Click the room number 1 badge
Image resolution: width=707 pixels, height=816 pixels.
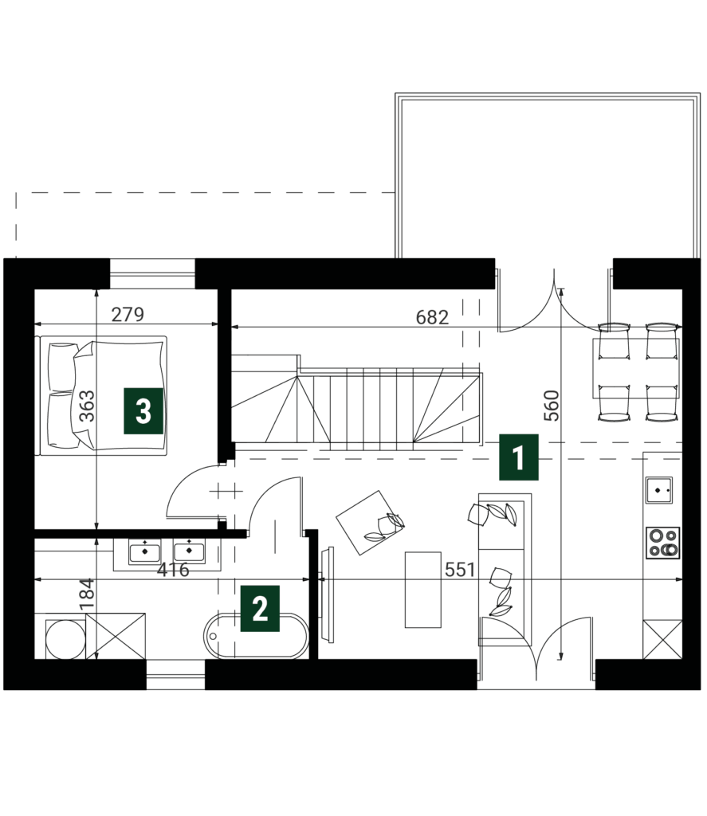point(519,457)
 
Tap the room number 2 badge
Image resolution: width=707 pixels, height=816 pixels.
point(260,608)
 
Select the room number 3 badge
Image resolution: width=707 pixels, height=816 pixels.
point(143,411)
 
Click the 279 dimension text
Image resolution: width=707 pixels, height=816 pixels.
point(128,314)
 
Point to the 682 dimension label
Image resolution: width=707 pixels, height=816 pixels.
point(432,317)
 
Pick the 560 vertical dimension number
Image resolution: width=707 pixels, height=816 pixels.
point(551,406)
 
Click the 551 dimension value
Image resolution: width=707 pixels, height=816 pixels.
point(460,570)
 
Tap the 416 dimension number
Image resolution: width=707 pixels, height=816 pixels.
point(174,570)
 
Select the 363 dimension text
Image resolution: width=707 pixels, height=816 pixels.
point(87,406)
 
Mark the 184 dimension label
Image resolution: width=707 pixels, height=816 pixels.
point(87,594)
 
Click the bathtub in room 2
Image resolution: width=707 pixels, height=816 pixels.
point(256,636)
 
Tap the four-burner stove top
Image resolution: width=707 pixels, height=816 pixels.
point(662,543)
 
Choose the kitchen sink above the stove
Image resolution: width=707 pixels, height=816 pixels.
point(659,490)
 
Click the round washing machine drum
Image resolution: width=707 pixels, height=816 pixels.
point(65,638)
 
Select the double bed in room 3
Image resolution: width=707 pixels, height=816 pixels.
point(103,395)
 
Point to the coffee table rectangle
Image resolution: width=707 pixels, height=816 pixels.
point(422,590)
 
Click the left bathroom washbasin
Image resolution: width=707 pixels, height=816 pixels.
point(145,551)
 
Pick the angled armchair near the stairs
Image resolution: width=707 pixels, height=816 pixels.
point(371,523)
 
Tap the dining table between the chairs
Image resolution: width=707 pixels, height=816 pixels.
point(636,368)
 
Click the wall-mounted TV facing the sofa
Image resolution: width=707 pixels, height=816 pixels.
point(328,580)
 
